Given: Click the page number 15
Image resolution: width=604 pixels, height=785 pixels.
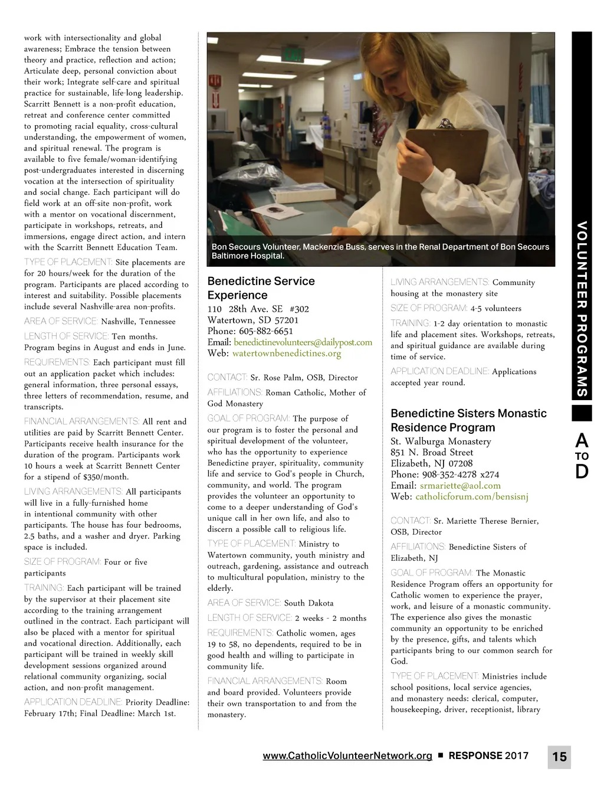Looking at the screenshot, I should click(x=559, y=756).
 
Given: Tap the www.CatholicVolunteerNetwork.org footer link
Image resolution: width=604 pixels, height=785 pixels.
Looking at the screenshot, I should click(x=347, y=755).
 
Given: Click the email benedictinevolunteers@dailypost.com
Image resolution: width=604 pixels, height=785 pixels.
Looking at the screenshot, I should click(x=303, y=342).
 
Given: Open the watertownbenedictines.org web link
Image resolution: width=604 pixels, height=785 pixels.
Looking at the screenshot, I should click(x=287, y=354).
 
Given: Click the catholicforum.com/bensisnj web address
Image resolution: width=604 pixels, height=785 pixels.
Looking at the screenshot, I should click(x=472, y=497).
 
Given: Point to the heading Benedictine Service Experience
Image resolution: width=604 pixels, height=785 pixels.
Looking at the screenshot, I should click(x=261, y=288).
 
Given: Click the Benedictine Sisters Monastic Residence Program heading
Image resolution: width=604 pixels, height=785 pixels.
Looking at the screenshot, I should click(x=468, y=420).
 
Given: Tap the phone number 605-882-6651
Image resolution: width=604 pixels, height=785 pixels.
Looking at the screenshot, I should click(x=266, y=331).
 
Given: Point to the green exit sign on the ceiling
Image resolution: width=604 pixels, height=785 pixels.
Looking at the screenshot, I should click(x=293, y=56).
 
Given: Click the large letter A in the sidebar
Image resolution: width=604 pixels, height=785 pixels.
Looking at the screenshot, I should click(x=582, y=440).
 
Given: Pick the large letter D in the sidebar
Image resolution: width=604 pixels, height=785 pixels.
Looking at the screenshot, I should click(x=582, y=472).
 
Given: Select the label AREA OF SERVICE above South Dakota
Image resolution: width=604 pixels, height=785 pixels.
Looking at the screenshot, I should click(x=244, y=603).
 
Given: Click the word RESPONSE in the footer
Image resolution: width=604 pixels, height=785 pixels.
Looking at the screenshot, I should click(x=475, y=755).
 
